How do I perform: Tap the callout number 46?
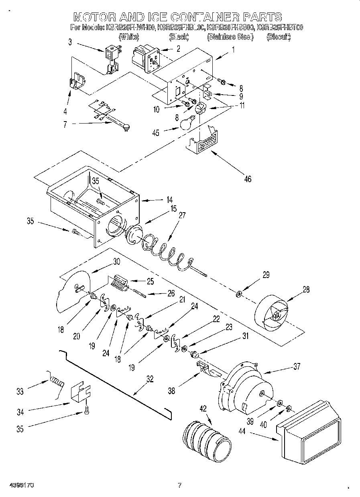pos(248,179)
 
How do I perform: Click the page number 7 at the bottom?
pos(180,485)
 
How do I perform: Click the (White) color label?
pos(129,37)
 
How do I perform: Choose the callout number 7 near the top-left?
pos(65,125)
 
